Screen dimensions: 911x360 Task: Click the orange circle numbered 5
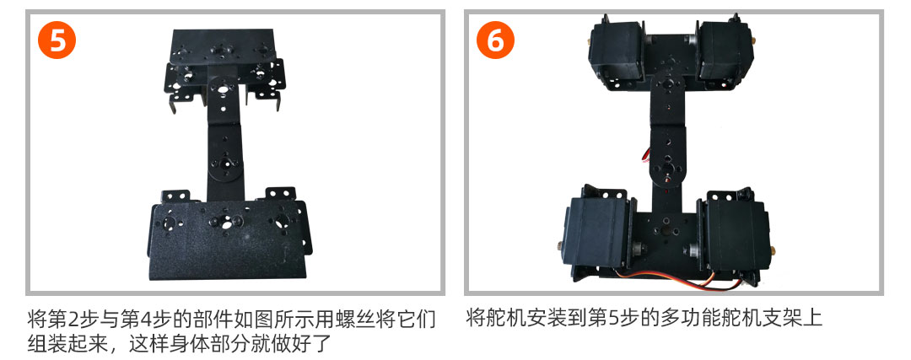[x=57, y=40]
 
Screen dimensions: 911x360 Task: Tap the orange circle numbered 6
[x=496, y=40]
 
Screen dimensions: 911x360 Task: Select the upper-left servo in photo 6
[x=617, y=51]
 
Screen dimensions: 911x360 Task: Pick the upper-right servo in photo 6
[x=726, y=51]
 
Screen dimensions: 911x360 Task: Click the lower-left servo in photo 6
[x=599, y=231]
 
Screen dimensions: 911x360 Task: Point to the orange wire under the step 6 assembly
[x=680, y=281]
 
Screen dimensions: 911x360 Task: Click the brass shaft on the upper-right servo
[x=753, y=41]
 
